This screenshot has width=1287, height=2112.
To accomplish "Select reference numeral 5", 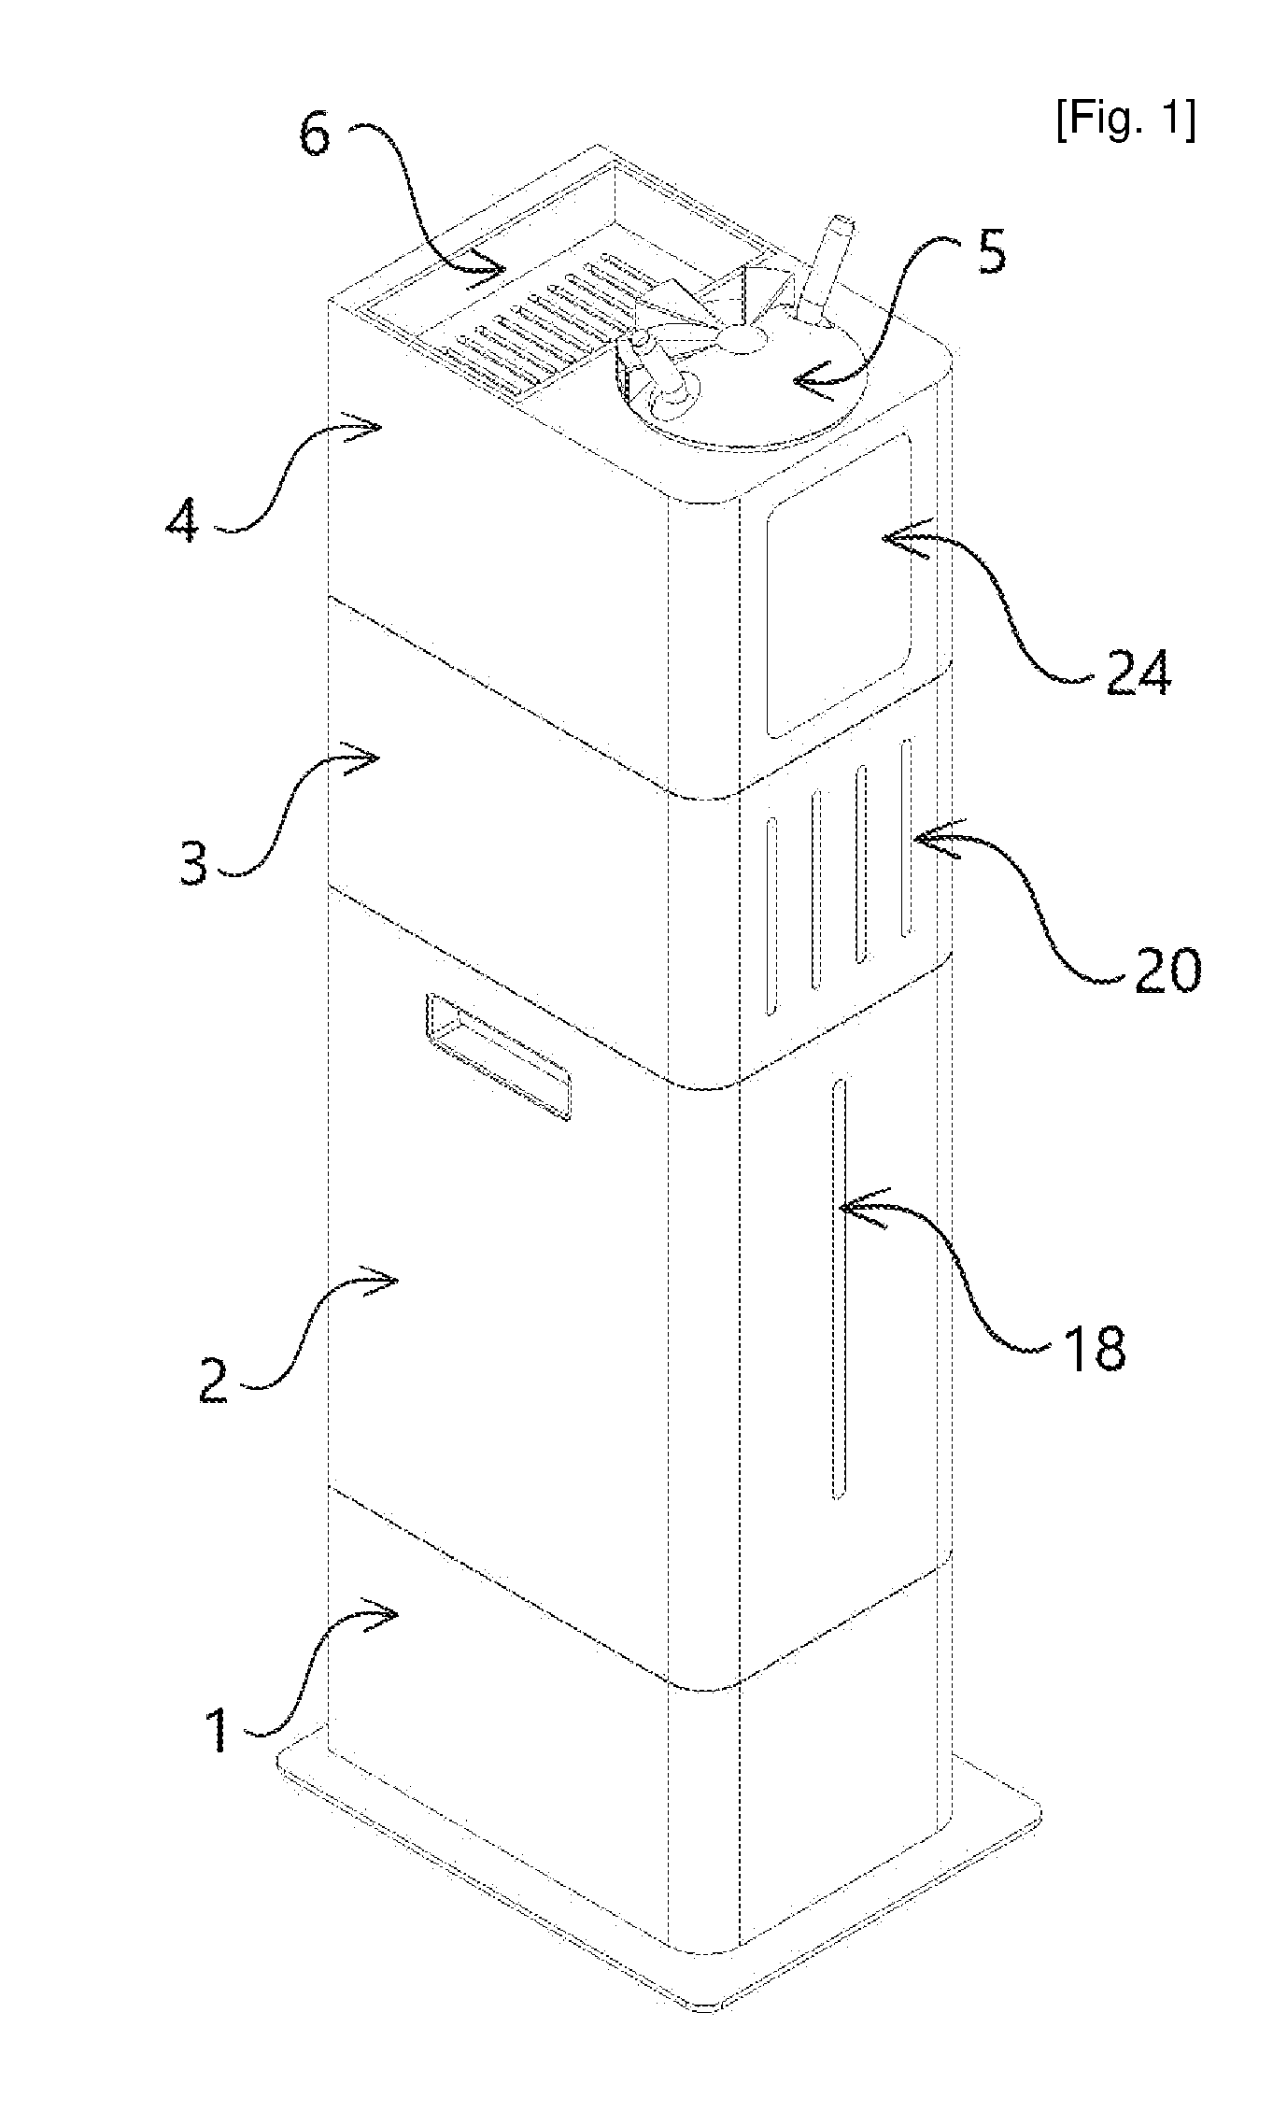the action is [x=992, y=251].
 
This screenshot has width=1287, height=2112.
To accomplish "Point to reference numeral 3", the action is [x=194, y=863].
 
